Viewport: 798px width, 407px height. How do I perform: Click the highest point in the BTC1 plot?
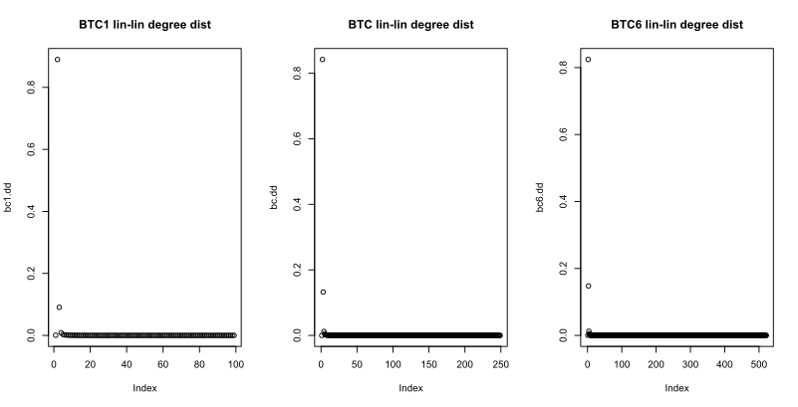[58, 60]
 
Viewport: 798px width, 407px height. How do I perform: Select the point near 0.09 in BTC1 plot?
[60, 307]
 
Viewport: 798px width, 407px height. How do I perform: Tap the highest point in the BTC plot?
[323, 60]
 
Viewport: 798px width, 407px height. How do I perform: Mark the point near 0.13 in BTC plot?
[324, 292]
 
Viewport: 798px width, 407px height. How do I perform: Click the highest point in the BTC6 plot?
[588, 60]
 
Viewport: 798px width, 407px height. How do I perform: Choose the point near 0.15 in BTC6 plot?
[589, 286]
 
